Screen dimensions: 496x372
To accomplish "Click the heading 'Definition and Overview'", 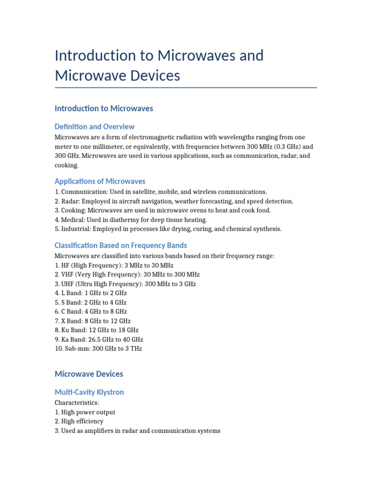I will [94, 126].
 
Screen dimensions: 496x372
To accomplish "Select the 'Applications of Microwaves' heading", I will [100, 181].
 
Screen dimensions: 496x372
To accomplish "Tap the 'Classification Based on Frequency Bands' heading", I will [121, 245].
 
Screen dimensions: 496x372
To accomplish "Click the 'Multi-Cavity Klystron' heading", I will [89, 392].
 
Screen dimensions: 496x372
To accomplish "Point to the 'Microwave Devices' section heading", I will [89, 374].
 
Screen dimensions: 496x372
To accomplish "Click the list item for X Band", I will [93, 321].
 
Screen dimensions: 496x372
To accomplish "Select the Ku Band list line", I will [96, 330].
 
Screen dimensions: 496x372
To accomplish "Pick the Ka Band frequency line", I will [99, 339].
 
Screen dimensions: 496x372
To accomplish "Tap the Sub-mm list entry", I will [98, 348].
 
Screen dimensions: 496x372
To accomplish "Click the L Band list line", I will [91, 293].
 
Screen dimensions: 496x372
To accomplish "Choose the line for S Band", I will [91, 302].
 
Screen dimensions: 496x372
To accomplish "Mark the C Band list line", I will [91, 311].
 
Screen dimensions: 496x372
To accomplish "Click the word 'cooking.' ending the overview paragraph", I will [66, 165].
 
